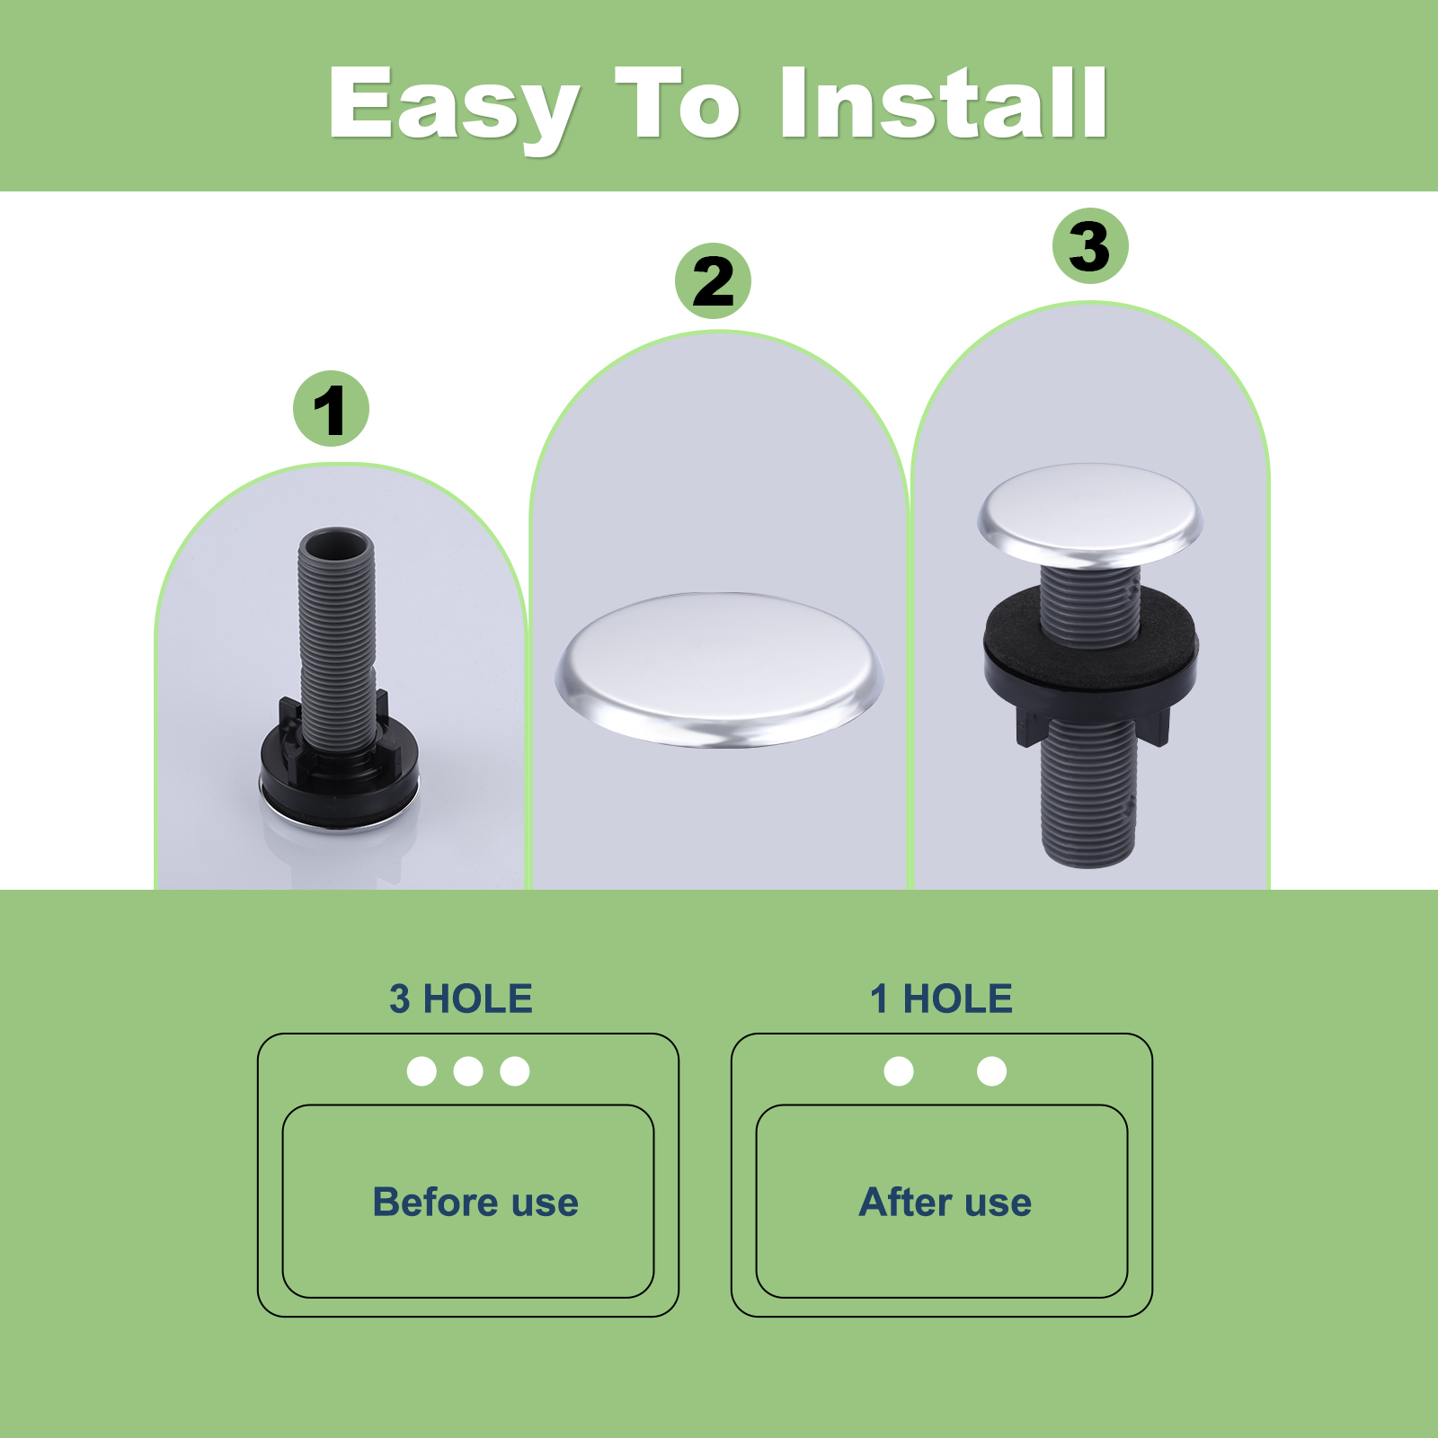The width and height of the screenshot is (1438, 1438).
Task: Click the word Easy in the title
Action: coord(454,106)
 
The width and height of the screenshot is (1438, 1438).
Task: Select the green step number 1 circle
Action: coord(331,409)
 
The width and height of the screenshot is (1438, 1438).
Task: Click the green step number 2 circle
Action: coord(713,280)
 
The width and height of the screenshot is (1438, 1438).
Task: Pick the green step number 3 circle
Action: coord(1090,246)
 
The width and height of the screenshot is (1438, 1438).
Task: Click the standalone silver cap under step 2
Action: coord(719,669)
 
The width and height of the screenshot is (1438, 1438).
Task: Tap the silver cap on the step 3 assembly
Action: coord(1090,515)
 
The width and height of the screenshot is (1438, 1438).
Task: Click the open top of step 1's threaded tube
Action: coord(336,544)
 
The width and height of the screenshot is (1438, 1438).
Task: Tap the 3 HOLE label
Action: coord(461,999)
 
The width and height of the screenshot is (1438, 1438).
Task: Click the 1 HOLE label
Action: coord(941,999)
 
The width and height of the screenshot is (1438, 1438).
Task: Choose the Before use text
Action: coord(475,1202)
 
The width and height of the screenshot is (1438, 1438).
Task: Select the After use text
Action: coord(945,1202)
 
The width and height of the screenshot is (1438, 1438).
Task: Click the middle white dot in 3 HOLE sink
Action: coord(468,1071)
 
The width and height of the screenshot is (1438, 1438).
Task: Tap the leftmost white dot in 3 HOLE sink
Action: coord(422,1071)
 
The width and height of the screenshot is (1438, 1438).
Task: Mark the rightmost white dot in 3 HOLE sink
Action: coord(515,1071)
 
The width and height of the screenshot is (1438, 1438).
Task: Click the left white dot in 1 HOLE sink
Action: coord(899,1071)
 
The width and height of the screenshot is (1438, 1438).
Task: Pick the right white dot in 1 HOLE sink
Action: coord(991,1071)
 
